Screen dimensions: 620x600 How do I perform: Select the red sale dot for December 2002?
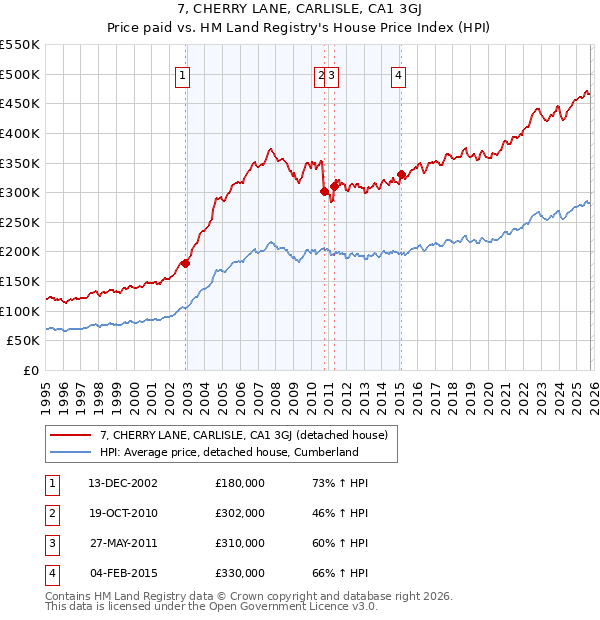point(186,263)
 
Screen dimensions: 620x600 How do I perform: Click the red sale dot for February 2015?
point(401,174)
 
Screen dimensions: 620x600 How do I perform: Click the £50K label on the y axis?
point(24,341)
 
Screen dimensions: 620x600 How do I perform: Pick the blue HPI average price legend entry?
point(228,452)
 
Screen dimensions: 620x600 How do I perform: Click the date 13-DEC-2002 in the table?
point(123,483)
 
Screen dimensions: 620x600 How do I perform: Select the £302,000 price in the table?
point(240,514)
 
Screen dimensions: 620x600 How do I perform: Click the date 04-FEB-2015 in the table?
point(123,574)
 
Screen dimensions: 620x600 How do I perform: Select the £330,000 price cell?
point(240,574)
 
